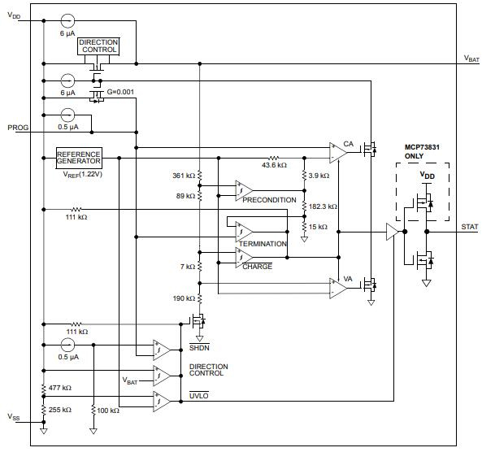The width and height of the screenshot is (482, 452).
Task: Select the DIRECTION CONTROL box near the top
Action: coord(98,46)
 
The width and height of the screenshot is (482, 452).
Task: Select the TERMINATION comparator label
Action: coord(263,244)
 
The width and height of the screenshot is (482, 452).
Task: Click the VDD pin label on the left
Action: coord(15,16)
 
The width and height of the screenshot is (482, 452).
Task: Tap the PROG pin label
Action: coord(18,128)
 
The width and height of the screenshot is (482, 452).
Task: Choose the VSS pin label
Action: coord(15,417)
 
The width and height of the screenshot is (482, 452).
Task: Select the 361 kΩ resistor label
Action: coord(184,176)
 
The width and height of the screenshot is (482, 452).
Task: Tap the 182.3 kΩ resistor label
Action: coord(323,206)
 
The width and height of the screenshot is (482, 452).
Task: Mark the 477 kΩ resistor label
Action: coord(59,388)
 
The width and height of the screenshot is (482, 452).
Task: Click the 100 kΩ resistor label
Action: coord(107,411)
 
